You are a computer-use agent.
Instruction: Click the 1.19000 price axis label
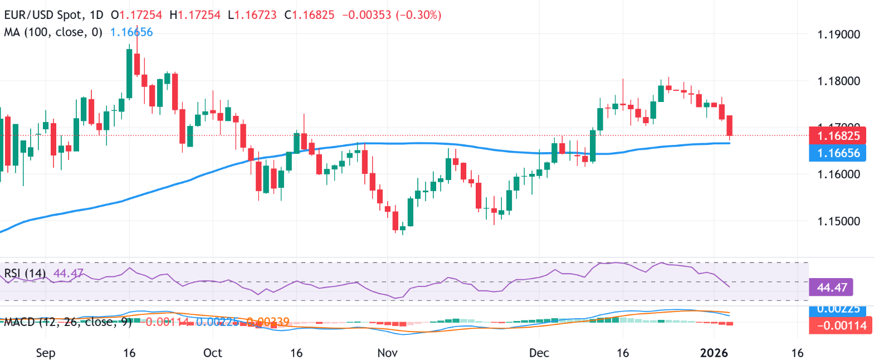pos(838,35)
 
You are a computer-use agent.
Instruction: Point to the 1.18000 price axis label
pos(838,81)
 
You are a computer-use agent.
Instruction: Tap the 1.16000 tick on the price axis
pos(838,174)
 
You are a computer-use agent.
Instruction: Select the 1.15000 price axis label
pos(838,221)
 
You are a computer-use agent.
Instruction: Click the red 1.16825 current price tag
pos(838,136)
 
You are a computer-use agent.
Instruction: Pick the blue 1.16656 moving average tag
pos(838,153)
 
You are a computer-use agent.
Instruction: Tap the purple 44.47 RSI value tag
pos(832,288)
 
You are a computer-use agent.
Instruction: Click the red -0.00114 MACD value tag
pos(841,325)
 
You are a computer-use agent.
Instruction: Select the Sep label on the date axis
pos(46,353)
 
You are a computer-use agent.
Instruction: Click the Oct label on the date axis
pos(213,353)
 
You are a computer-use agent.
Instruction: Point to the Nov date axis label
pos(388,353)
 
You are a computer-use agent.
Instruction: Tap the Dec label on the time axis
pos(539,353)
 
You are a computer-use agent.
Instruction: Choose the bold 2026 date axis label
pos(714,353)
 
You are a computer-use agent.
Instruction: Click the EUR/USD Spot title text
pos(44,15)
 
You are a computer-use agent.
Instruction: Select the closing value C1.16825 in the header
pos(310,15)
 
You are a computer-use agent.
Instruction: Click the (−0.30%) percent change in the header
pos(419,15)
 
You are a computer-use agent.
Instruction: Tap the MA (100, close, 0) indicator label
pos(53,32)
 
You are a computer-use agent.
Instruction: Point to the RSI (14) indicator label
pos(25,273)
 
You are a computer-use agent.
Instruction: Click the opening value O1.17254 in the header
pos(136,15)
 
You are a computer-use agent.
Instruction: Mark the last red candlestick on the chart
pos(730,125)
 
